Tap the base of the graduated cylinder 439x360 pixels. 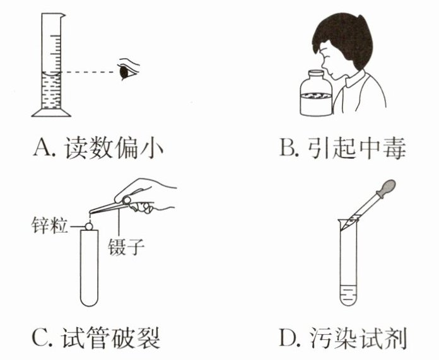(51, 112)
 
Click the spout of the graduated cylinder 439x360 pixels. (63, 15)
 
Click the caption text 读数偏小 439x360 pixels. (114, 148)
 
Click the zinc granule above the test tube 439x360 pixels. (89, 226)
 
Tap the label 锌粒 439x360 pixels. (50, 225)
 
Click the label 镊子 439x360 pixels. (126, 247)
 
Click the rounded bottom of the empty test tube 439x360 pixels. (89, 300)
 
